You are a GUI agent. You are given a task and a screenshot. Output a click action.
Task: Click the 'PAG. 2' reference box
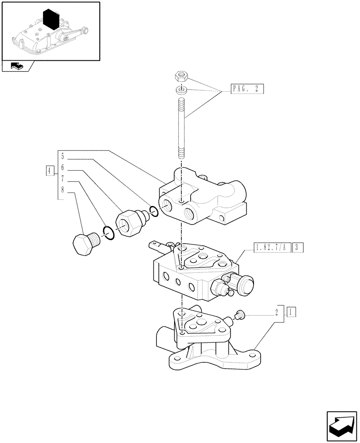point(247,89)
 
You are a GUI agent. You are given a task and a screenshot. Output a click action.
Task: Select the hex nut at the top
point(181,78)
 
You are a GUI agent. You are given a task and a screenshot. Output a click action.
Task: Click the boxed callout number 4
point(50,170)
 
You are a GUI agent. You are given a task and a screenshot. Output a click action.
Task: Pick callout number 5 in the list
point(63,156)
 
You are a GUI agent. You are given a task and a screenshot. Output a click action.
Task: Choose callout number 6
point(63,168)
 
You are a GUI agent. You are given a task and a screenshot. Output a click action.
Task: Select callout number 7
point(63,179)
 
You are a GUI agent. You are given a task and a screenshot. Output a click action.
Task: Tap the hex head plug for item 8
point(84,244)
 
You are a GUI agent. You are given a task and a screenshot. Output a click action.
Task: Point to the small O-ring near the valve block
point(153,211)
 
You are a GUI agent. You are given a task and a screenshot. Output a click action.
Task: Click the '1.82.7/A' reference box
point(271,247)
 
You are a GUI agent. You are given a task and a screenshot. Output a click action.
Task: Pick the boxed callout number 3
point(298,247)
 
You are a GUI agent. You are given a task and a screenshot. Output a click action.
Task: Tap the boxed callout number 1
point(290,311)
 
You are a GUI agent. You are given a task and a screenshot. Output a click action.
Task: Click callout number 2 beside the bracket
point(277,311)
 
